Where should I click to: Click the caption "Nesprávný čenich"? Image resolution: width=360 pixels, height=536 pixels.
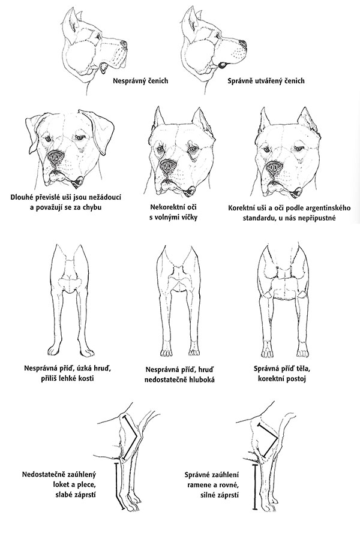pos(140,81)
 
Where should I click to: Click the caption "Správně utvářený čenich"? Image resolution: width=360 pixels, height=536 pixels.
pos(266,81)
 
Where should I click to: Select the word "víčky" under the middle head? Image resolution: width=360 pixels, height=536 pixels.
pos(187,216)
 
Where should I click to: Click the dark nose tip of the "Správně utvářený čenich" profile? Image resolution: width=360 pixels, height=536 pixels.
pos(242,43)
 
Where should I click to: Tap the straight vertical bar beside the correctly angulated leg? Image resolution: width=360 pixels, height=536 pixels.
pos(254,487)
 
